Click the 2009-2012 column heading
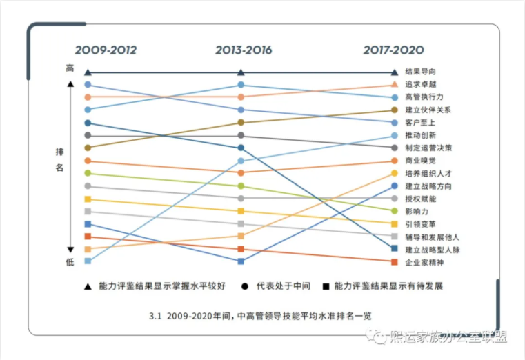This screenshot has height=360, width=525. tap(106, 50)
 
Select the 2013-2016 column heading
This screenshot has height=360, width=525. tap(244, 50)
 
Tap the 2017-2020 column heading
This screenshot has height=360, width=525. tap(394, 50)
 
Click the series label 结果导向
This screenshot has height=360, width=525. tap(420, 72)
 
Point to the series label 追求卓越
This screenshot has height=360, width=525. tap(420, 84)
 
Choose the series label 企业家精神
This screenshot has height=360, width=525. tap(424, 263)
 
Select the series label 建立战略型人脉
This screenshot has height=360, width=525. tap(433, 250)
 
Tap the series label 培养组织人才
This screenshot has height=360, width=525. tap(428, 173)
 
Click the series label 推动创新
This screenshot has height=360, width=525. tap(420, 135)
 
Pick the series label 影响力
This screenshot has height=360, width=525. tap(417, 211)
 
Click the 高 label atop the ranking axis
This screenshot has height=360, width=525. tap(70, 68)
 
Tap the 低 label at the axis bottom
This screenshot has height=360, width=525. tap(70, 263)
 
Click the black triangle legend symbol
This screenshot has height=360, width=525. tap(88, 286)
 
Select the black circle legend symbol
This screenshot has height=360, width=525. tap(246, 286)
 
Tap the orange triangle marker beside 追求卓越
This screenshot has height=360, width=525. tap(394, 85)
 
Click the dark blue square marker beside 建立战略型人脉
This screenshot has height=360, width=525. tap(394, 249)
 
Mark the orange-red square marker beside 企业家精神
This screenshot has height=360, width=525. tap(394, 262)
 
